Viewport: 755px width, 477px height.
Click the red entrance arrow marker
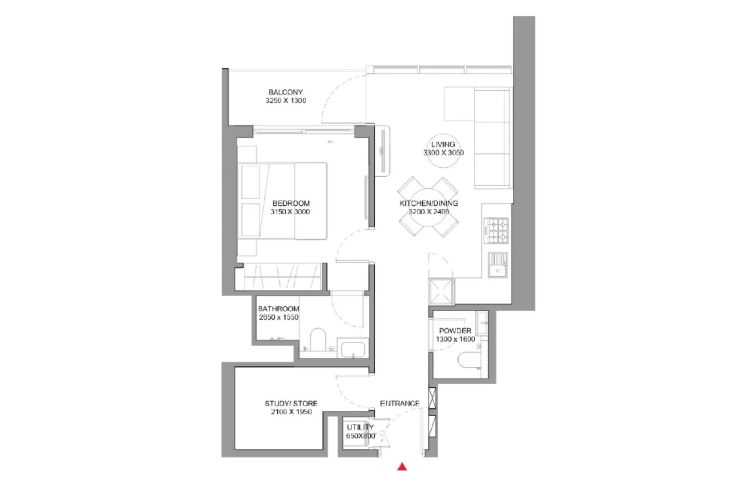(402, 466)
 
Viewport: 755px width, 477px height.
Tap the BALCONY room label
(286, 92)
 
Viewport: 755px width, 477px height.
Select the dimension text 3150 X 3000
(290, 212)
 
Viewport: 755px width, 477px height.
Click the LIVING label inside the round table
(443, 144)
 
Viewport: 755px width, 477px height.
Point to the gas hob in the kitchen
(496, 231)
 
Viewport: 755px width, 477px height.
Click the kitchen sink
(497, 265)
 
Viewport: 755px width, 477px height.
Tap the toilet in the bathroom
(318, 339)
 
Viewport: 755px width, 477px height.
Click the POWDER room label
(455, 331)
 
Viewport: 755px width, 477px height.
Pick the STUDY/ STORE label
(291, 404)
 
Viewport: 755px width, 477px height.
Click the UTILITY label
(360, 427)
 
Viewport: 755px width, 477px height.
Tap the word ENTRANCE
(400, 404)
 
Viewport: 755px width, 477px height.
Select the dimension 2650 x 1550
(279, 317)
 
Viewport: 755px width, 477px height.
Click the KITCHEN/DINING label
(429, 203)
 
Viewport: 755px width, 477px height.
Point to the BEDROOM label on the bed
(291, 203)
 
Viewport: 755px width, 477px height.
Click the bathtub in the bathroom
(353, 348)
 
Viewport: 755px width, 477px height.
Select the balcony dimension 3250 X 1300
(286, 101)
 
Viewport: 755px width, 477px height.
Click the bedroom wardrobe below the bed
(282, 277)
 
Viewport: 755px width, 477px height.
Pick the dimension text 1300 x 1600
(455, 339)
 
